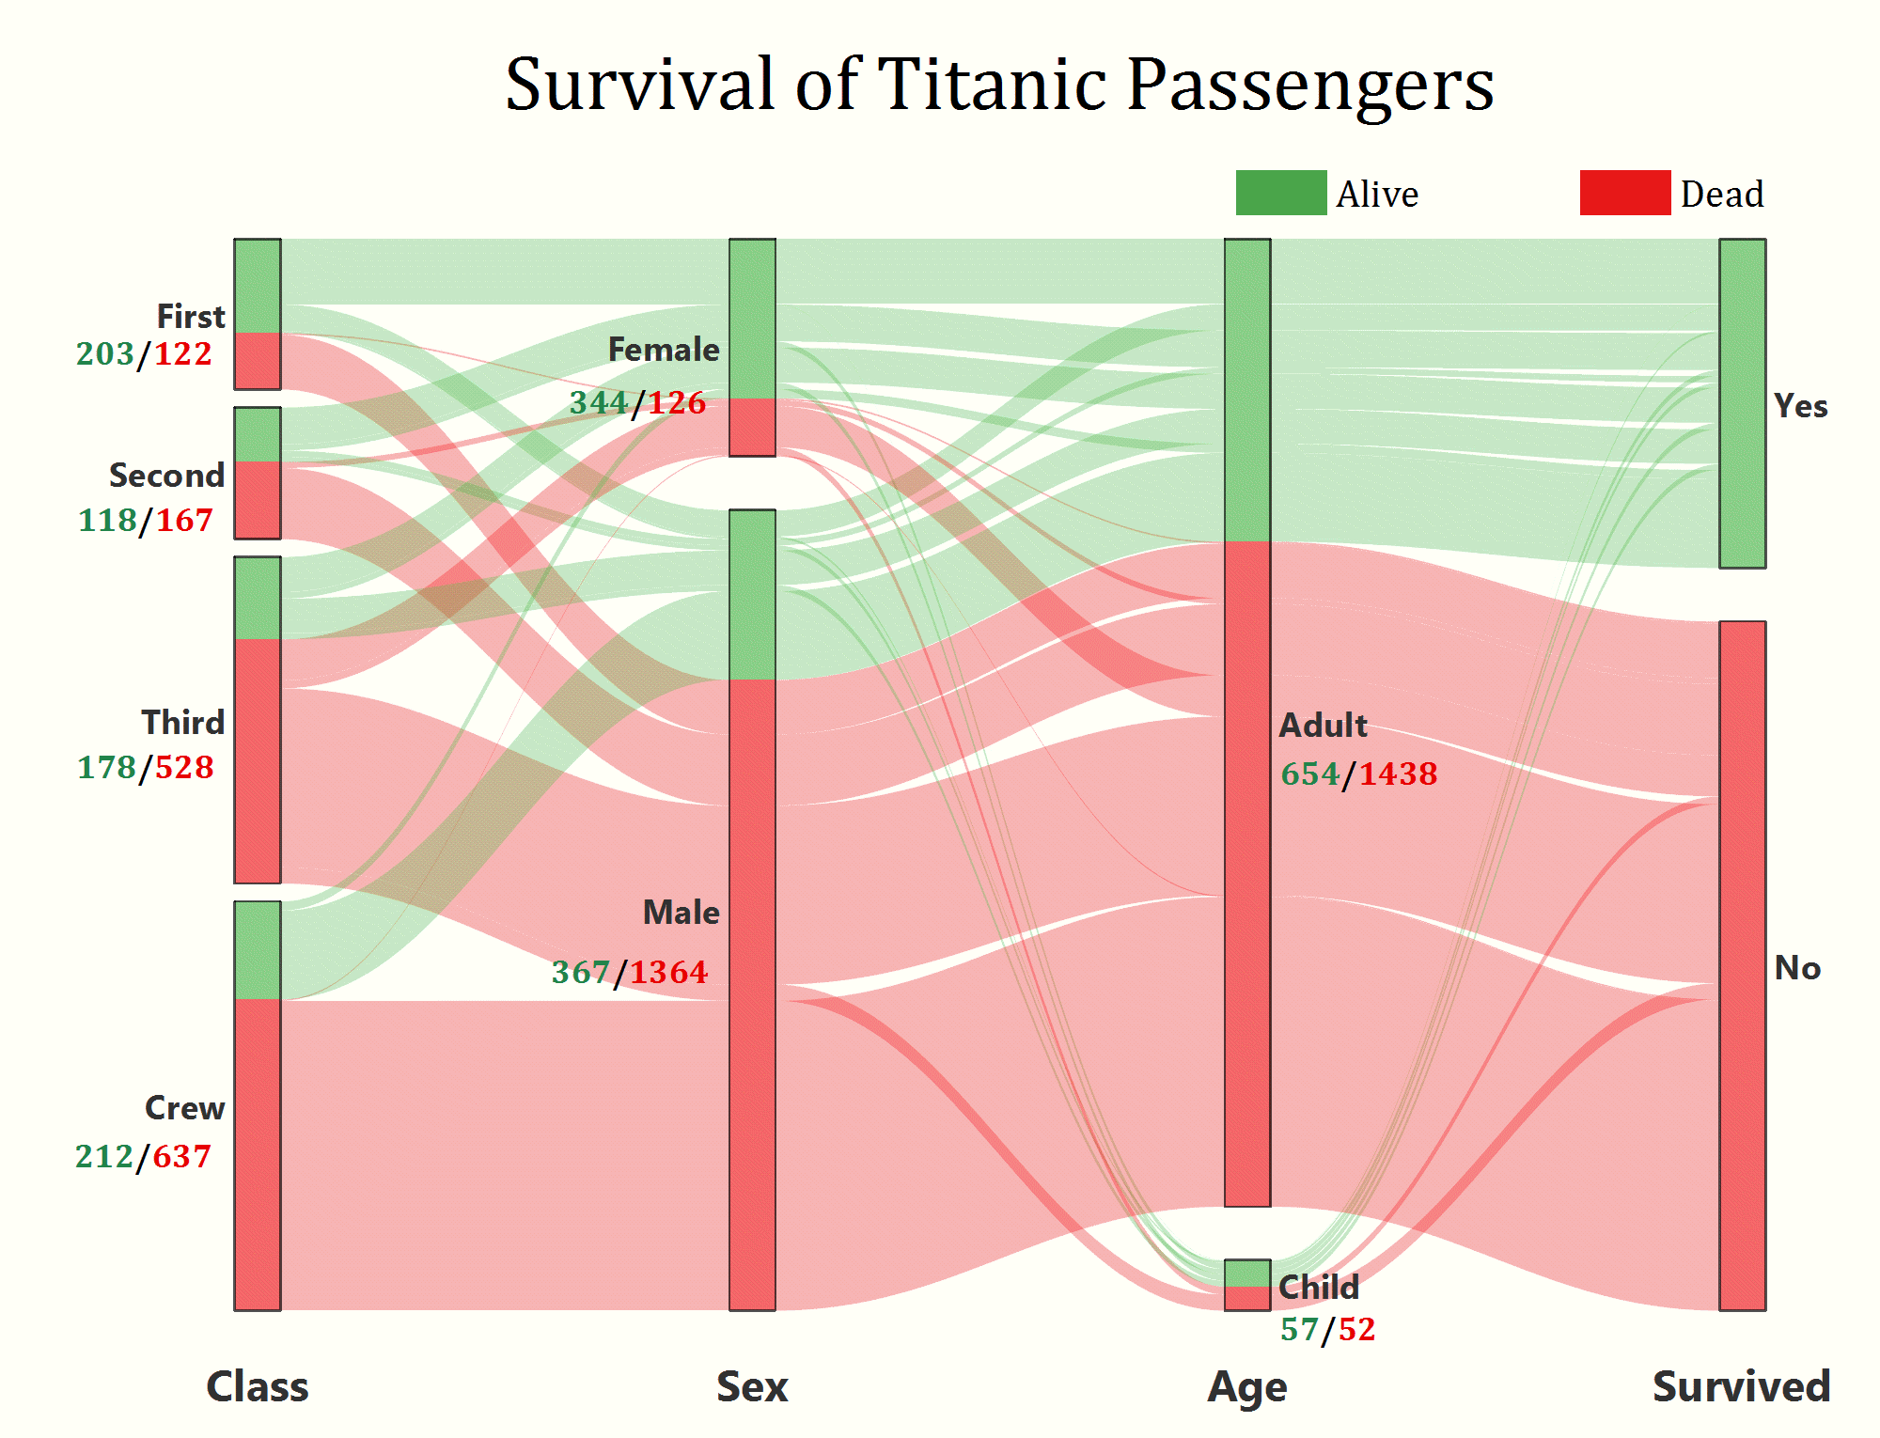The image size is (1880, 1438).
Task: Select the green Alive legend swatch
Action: (x=1280, y=193)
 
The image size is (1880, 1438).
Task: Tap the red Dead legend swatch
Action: (x=1624, y=193)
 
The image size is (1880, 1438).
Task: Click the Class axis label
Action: (x=257, y=1387)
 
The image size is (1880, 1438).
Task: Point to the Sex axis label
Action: (x=752, y=1387)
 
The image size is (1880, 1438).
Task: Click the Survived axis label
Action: (x=1741, y=1387)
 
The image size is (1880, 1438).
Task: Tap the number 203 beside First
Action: (x=105, y=354)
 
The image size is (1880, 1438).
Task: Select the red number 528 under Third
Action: (x=184, y=768)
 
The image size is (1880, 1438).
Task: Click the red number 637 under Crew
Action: (x=182, y=1157)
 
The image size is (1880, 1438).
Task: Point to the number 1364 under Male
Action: (x=668, y=972)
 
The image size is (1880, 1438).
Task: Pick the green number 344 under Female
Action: (x=599, y=403)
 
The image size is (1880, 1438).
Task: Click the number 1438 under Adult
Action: (x=1398, y=774)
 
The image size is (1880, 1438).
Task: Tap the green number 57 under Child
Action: (x=1299, y=1330)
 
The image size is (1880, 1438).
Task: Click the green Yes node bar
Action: (x=1742, y=404)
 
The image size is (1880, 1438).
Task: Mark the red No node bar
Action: (x=1742, y=965)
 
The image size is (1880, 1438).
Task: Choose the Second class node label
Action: (x=166, y=476)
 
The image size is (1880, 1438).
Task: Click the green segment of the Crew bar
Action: (x=258, y=950)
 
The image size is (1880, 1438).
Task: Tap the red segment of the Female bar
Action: (x=752, y=428)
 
